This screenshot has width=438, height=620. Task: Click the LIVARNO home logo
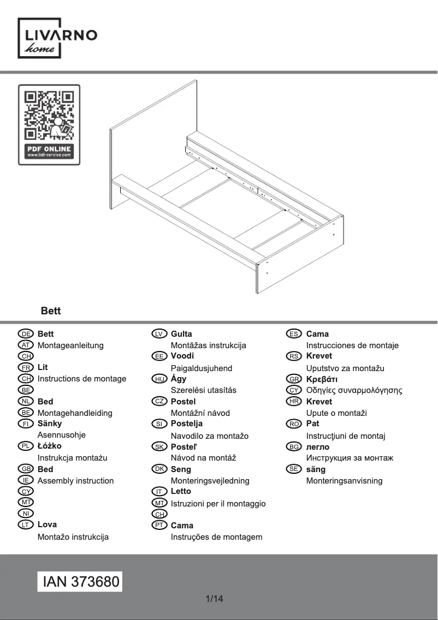(58, 38)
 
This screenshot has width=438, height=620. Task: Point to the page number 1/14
(214, 599)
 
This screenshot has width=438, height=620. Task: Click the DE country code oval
(26, 334)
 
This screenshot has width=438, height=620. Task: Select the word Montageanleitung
(70, 345)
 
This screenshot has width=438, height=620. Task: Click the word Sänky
(50, 424)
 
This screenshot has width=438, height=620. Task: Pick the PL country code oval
(26, 446)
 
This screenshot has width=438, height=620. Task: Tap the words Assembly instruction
(75, 481)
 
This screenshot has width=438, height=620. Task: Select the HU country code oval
(159, 379)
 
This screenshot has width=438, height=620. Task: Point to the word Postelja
(187, 424)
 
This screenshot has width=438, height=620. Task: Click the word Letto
(181, 491)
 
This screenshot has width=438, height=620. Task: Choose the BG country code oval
(294, 446)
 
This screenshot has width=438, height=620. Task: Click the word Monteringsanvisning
(344, 481)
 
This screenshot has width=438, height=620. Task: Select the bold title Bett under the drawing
(51, 311)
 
